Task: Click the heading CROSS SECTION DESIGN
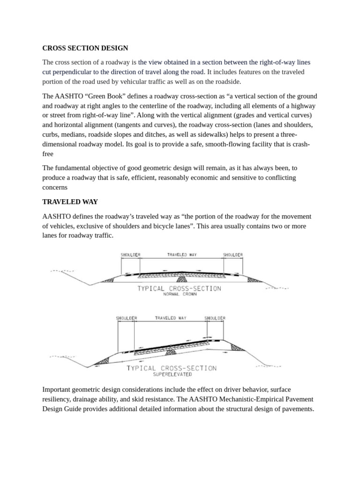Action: (85, 48)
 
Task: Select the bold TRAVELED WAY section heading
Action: (70, 202)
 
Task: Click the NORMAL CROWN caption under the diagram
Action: (180, 294)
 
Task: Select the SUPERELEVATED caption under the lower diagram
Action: (172, 375)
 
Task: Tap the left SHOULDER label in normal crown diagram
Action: (130, 255)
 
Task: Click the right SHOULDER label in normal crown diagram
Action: (232, 255)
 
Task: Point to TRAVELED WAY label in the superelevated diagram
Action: (171, 318)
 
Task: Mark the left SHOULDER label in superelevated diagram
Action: (127, 318)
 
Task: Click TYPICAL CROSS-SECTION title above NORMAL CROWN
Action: (179, 288)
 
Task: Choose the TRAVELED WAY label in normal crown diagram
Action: (182, 255)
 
